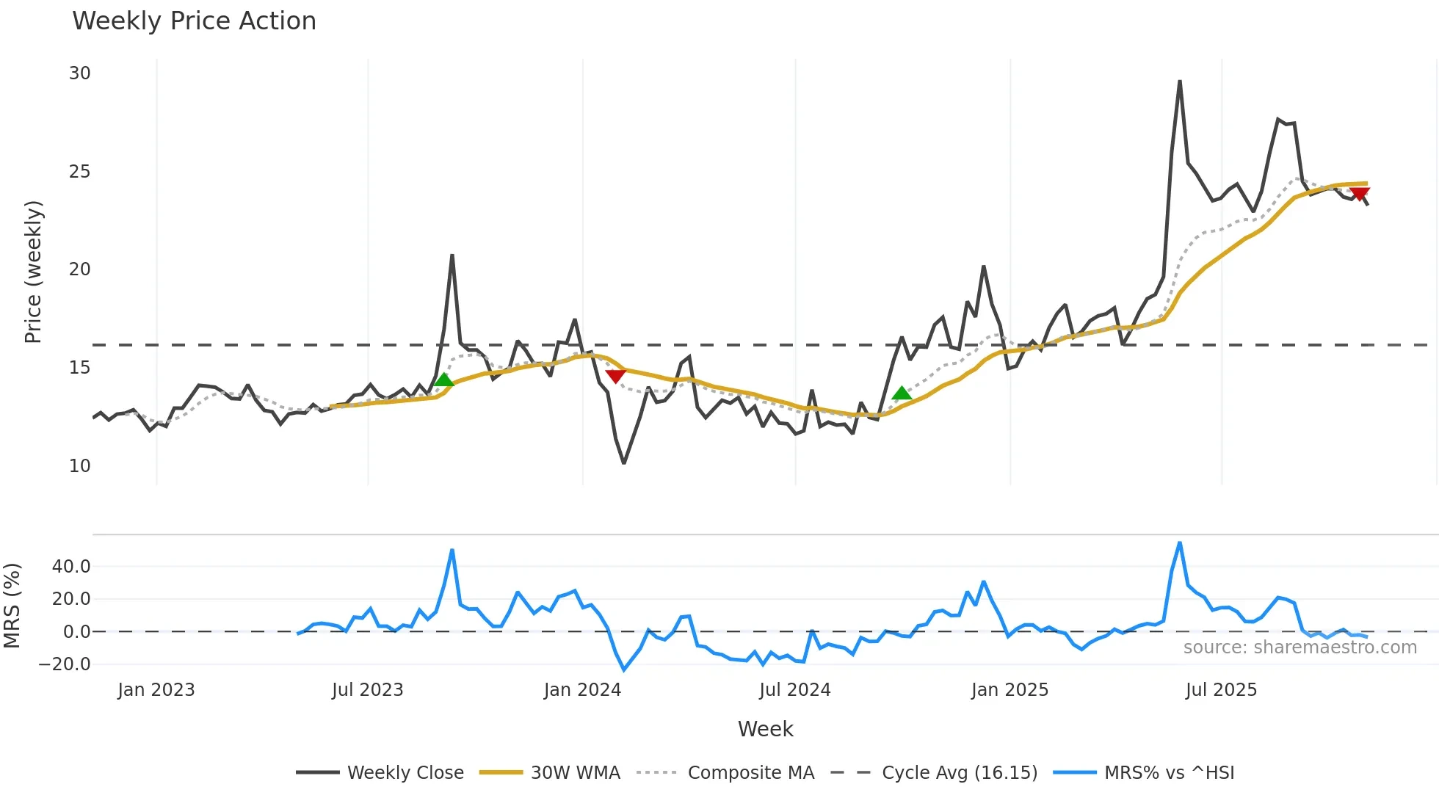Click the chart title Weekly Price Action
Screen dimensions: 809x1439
(194, 21)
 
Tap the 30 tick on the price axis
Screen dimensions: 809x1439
(79, 73)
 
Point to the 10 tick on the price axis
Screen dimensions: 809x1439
(79, 466)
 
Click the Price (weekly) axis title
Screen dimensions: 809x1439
(34, 272)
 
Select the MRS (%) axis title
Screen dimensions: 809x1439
(12, 606)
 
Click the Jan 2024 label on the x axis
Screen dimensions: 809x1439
(582, 690)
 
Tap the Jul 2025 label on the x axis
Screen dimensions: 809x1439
(1221, 690)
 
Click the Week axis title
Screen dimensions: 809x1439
(765, 729)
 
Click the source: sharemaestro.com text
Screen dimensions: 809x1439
(1300, 647)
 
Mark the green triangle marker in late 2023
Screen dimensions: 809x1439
(443, 380)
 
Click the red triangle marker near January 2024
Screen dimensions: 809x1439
(615, 376)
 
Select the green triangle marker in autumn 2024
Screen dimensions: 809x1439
(902, 393)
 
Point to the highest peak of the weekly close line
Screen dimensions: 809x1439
(1180, 81)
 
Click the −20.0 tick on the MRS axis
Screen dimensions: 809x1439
(65, 664)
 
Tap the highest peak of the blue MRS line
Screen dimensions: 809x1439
(1180, 543)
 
